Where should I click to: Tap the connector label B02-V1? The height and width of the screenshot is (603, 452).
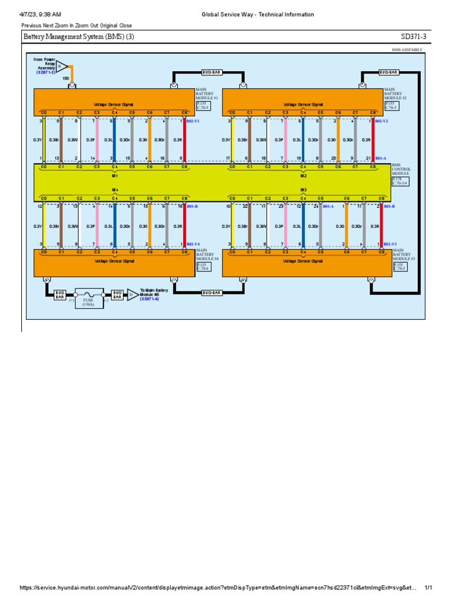[x=193, y=121]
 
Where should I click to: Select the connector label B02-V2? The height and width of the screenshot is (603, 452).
[x=381, y=121]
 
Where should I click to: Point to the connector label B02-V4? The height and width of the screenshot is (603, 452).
[x=193, y=243]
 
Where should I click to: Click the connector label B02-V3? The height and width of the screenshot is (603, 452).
[x=390, y=243]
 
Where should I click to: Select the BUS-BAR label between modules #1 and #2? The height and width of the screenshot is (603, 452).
[x=208, y=72]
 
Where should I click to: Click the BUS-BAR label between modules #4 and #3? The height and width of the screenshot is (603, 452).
[x=211, y=293]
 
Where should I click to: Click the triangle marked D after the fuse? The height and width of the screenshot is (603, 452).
[x=132, y=294]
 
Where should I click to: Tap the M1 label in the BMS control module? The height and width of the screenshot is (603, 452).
[x=115, y=175]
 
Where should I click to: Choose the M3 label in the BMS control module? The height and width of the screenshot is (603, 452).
[x=304, y=190]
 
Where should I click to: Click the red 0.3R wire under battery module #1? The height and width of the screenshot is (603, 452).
[x=185, y=140]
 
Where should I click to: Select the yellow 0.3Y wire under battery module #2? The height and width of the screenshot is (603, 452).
[x=232, y=140]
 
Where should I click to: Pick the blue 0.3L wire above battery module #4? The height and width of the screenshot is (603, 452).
[x=115, y=226]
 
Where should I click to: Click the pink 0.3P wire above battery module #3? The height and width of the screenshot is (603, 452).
[x=285, y=226]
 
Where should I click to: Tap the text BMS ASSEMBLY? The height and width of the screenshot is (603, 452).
[x=407, y=50]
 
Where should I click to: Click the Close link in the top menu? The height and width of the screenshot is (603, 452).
[x=125, y=25]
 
